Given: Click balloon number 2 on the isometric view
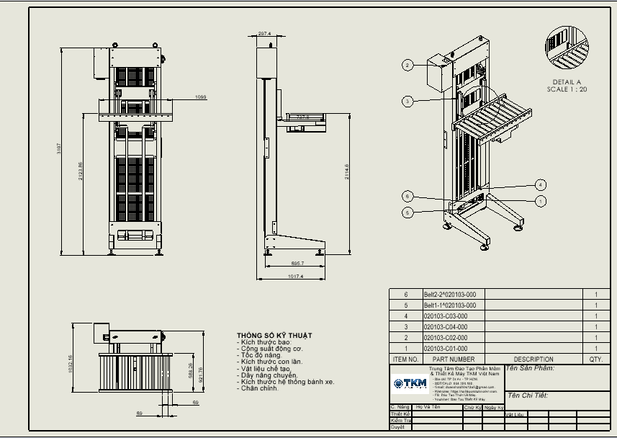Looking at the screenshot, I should point(407,66).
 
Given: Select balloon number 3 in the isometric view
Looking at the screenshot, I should point(407,102).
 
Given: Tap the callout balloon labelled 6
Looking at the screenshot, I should point(407,196).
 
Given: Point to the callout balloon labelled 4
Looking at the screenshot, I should point(540,185).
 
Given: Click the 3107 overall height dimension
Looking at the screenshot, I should point(60,149).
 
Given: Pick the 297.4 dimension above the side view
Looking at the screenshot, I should point(264,34).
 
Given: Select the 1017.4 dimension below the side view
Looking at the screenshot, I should point(295,276).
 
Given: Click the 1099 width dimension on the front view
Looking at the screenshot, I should point(201,97).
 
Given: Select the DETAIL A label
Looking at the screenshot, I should point(567,81).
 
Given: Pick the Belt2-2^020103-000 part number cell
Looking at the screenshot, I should point(450,294).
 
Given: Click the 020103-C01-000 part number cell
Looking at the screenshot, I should point(446,348).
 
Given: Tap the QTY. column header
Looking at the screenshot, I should point(595,359).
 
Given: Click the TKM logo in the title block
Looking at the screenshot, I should point(410,383).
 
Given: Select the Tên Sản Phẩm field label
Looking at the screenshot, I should point(530,368).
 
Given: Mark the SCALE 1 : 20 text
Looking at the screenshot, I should point(567,89).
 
